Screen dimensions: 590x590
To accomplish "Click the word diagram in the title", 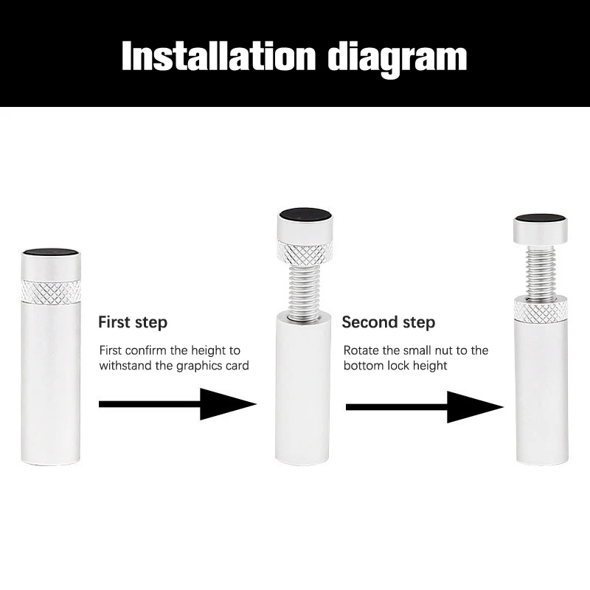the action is (x=398, y=59).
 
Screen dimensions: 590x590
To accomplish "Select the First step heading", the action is (x=133, y=323).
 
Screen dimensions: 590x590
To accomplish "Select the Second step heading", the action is (x=389, y=322).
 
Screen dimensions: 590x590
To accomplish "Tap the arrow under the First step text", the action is (x=178, y=404).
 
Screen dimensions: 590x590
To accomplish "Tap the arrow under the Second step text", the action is (x=425, y=407).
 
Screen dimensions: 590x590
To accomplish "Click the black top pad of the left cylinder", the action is (x=51, y=253).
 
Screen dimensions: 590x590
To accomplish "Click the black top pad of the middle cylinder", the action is (x=305, y=215).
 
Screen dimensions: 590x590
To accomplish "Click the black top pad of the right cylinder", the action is (x=541, y=219).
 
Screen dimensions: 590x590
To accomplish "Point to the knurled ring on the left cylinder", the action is (x=50, y=291).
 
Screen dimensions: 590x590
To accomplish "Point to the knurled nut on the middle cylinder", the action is (x=305, y=252).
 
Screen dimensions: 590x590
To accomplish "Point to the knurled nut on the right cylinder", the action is (x=541, y=310).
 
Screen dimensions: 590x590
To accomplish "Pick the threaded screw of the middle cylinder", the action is (x=304, y=290).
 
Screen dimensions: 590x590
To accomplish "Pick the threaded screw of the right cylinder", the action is (x=541, y=272).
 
